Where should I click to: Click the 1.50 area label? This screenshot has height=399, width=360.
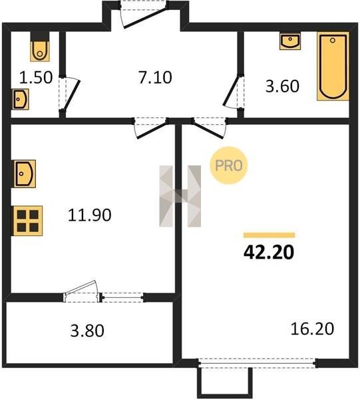pyautogui.click(x=36, y=78)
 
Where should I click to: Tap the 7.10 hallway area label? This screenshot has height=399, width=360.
pyautogui.click(x=155, y=77)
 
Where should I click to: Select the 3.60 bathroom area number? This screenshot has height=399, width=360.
pyautogui.click(x=282, y=86)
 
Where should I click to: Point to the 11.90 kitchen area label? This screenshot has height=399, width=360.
pyautogui.click(x=90, y=215)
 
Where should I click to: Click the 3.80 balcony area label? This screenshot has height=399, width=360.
pyautogui.click(x=87, y=331)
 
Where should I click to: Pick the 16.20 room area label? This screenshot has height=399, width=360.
pyautogui.click(x=312, y=329)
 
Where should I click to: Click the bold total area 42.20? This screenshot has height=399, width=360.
pyautogui.click(x=269, y=252)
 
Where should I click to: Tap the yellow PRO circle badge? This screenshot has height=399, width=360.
pyautogui.click(x=229, y=166)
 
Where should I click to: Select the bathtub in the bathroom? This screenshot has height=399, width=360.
pyautogui.click(x=333, y=66)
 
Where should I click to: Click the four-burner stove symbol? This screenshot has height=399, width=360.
pyautogui.click(x=28, y=221)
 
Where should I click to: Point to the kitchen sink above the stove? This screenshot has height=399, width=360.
pyautogui.click(x=25, y=174)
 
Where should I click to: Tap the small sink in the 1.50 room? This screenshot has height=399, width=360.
pyautogui.click(x=21, y=99)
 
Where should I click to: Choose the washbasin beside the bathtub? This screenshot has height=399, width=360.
pyautogui.click(x=290, y=41)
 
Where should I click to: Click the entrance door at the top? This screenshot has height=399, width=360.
pyautogui.click(x=144, y=14)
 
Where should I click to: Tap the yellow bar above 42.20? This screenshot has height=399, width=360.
pyautogui.click(x=269, y=235)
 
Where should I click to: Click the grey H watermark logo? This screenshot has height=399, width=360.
pyautogui.click(x=180, y=196)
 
